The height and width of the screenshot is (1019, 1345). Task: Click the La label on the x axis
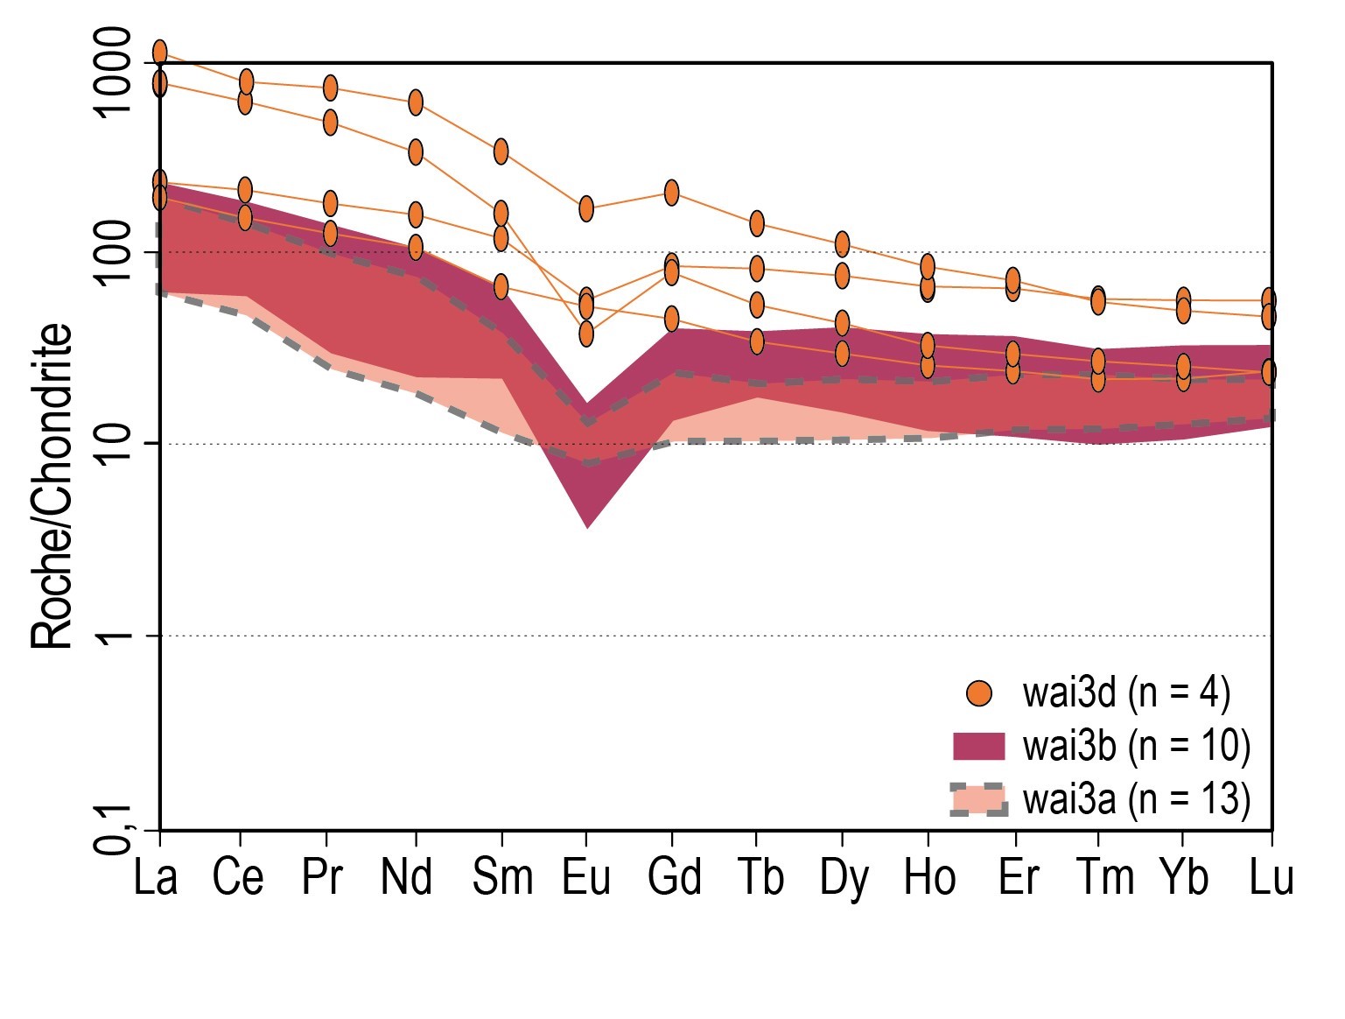tap(156, 877)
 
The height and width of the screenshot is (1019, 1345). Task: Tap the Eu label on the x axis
tap(585, 877)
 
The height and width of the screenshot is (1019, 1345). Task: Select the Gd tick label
tap(674, 877)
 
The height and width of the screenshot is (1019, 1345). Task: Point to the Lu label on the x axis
tap(1271, 877)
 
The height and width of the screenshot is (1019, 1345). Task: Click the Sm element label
tap(502, 877)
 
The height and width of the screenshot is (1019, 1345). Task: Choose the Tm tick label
tap(1105, 877)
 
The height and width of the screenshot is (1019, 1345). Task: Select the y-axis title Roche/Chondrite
tap(53, 486)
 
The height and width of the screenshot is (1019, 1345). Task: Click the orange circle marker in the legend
tap(979, 694)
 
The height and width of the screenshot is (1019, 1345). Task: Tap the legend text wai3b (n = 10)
tap(1136, 746)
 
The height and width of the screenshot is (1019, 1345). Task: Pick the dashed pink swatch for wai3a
tap(979, 799)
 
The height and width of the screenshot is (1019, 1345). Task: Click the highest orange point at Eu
tap(586, 208)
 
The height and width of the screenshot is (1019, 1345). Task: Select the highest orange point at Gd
tap(671, 192)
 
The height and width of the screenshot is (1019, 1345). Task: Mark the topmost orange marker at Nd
tap(416, 102)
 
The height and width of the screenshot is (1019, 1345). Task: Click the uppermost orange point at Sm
tap(501, 151)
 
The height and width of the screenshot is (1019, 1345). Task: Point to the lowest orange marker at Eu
tap(586, 334)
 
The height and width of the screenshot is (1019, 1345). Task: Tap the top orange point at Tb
tap(757, 223)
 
